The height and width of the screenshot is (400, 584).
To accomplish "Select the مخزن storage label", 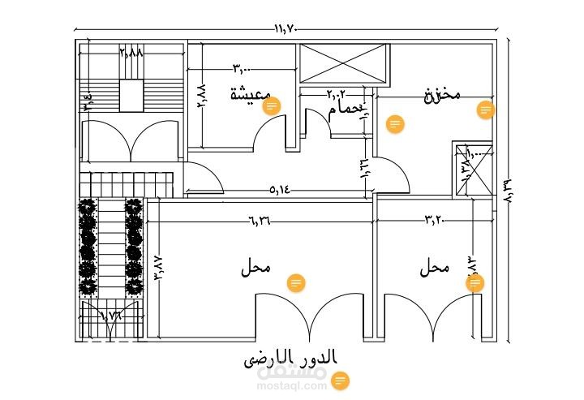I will [442, 95].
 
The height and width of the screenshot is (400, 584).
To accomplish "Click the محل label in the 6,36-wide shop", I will [255, 269].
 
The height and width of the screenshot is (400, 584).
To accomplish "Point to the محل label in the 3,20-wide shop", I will [436, 269].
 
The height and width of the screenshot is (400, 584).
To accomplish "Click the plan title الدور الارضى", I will [290, 358].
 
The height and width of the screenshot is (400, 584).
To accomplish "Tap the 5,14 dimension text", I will [279, 191].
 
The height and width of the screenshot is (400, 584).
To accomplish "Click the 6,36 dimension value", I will [261, 219].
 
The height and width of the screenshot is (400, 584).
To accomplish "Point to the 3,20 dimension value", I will [436, 219].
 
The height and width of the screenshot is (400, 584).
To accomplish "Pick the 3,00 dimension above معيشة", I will [243, 68].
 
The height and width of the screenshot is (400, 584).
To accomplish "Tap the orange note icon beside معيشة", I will [273, 105].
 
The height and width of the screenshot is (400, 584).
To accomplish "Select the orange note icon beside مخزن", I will [486, 110].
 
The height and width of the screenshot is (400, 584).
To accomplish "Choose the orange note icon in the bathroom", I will [395, 123].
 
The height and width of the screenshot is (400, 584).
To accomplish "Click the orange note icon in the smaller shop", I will [475, 282].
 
